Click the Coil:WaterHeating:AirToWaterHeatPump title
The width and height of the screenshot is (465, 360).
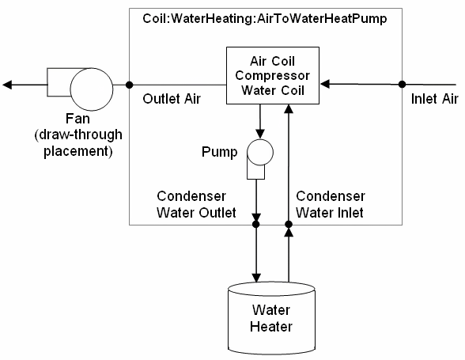click(x=265, y=18)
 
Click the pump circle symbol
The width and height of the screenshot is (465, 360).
click(x=259, y=150)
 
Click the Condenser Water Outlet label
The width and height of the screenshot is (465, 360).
click(x=196, y=203)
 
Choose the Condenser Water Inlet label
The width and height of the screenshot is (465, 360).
click(x=330, y=203)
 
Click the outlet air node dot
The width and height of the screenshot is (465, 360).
click(x=129, y=84)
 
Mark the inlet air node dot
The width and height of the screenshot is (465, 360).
click(x=402, y=84)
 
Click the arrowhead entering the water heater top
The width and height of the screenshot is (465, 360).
click(x=255, y=275)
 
